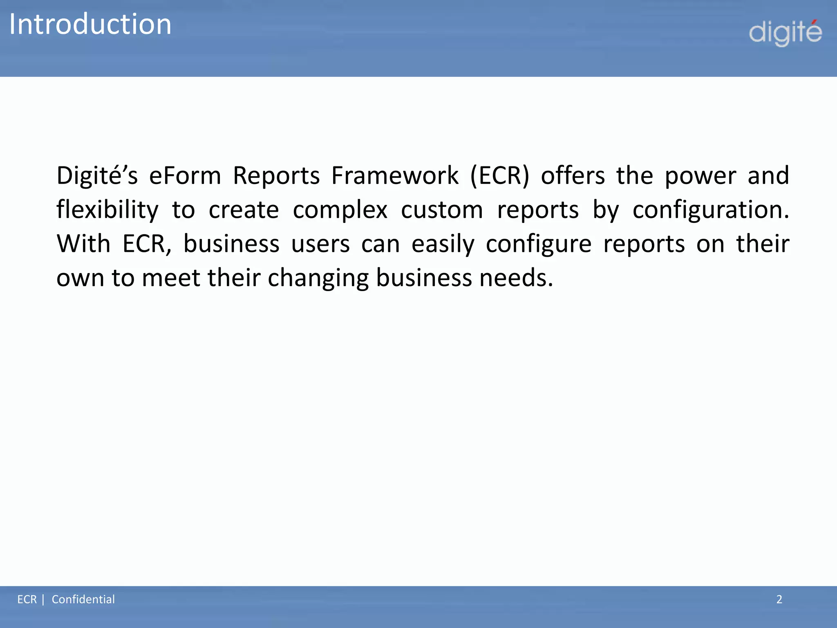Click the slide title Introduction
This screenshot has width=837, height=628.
90,25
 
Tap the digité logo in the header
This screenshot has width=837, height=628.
785,33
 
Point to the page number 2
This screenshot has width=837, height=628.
779,599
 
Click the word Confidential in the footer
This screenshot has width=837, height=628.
83,599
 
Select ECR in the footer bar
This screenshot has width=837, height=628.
27,599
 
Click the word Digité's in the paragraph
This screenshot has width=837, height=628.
97,176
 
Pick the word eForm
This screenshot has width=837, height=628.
185,176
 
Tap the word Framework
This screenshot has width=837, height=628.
395,176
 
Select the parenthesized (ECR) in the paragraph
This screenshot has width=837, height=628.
500,176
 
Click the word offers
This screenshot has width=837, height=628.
573,176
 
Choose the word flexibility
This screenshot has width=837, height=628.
107,210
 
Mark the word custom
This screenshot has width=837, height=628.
442,210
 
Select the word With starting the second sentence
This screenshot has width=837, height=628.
83,244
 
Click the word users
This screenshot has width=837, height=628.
320,245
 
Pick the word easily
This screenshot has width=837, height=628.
443,245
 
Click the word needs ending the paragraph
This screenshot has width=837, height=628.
516,278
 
